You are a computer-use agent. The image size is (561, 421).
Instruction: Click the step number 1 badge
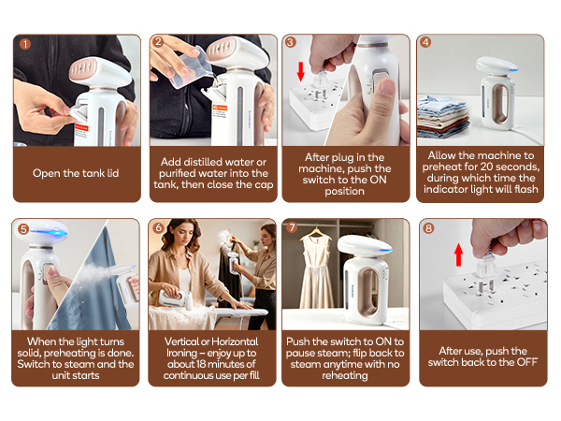(24, 43)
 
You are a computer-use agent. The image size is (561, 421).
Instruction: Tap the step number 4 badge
(426, 43)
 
